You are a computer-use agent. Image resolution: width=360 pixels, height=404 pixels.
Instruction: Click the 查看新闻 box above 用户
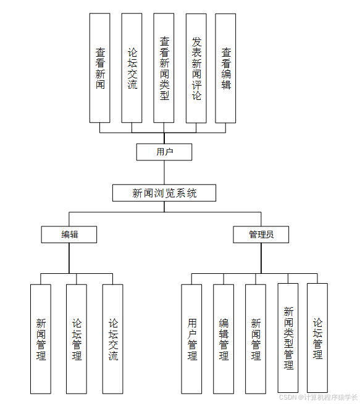99,68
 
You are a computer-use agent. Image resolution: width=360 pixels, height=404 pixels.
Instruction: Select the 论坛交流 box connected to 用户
132,68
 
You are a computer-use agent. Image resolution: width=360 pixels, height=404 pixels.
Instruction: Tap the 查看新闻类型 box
164,68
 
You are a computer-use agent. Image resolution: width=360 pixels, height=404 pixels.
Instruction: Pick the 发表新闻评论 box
196,68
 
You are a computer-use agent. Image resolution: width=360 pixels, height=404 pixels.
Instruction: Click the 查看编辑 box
225,68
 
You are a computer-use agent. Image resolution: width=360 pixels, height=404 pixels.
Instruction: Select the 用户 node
164,152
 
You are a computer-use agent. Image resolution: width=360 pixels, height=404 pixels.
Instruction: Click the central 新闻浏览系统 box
164,193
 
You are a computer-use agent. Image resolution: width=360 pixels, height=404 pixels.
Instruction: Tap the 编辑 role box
69,234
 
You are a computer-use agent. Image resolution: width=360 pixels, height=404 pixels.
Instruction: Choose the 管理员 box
261,234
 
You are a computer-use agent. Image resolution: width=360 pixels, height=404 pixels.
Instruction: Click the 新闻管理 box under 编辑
41,339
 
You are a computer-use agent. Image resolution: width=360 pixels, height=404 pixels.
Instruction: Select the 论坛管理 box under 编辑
77,339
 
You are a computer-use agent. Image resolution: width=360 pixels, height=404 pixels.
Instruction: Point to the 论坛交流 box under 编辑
112,339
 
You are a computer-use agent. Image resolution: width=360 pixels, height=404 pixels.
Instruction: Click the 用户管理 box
191,339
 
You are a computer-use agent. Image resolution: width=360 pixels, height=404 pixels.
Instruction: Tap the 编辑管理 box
224,339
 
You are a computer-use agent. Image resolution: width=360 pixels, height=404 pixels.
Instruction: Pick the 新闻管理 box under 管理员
256,339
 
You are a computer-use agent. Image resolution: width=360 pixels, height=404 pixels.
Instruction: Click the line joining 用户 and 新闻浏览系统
164,173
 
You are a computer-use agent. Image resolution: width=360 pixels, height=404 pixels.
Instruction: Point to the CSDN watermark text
317,397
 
